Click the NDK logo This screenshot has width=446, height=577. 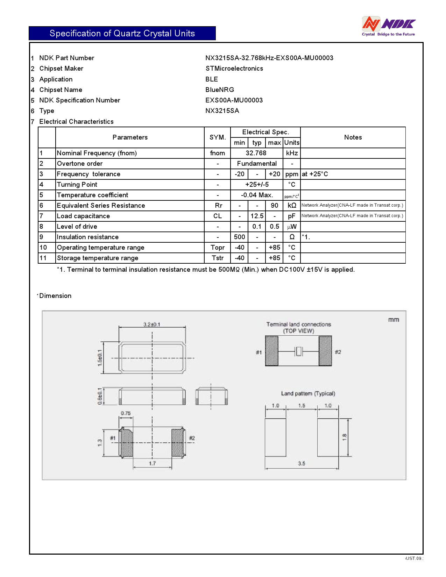388,26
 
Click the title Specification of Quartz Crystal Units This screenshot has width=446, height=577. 122,33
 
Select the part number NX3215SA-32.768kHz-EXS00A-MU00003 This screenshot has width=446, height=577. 269,58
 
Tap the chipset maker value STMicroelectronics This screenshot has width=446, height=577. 234,69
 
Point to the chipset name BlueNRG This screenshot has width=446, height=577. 220,90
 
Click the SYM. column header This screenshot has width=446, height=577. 217,137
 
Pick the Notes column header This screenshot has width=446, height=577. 353,137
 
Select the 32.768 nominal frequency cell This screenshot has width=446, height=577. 256,153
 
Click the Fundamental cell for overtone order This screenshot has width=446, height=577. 256,164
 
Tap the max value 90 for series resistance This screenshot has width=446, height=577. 274,206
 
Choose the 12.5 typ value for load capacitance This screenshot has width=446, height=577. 257,216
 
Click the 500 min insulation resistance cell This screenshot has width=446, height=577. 239,237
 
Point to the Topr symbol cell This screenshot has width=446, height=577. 217,248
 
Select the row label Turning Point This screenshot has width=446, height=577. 77,185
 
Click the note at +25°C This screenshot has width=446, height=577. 315,174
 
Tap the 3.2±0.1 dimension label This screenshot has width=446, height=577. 152,324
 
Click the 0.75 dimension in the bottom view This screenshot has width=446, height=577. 126,413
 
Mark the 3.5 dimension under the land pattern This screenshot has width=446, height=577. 302,463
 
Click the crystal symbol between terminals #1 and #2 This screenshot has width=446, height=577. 298,351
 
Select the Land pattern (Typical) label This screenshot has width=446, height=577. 308,393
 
